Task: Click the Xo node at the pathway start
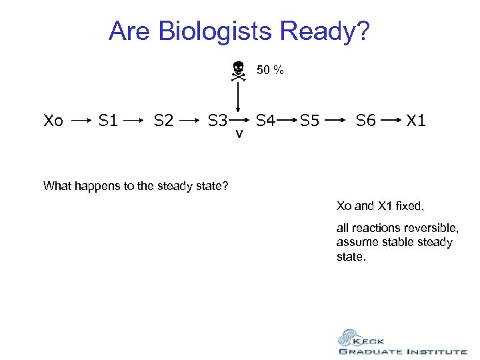point(53,121)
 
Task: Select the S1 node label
point(108,121)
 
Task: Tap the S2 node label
point(164,121)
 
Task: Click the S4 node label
point(266,121)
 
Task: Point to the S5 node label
point(310,121)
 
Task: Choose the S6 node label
point(365,121)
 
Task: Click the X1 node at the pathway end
point(417,121)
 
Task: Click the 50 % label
point(270,70)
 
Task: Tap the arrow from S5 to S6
point(337,121)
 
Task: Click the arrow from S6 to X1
point(391,121)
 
